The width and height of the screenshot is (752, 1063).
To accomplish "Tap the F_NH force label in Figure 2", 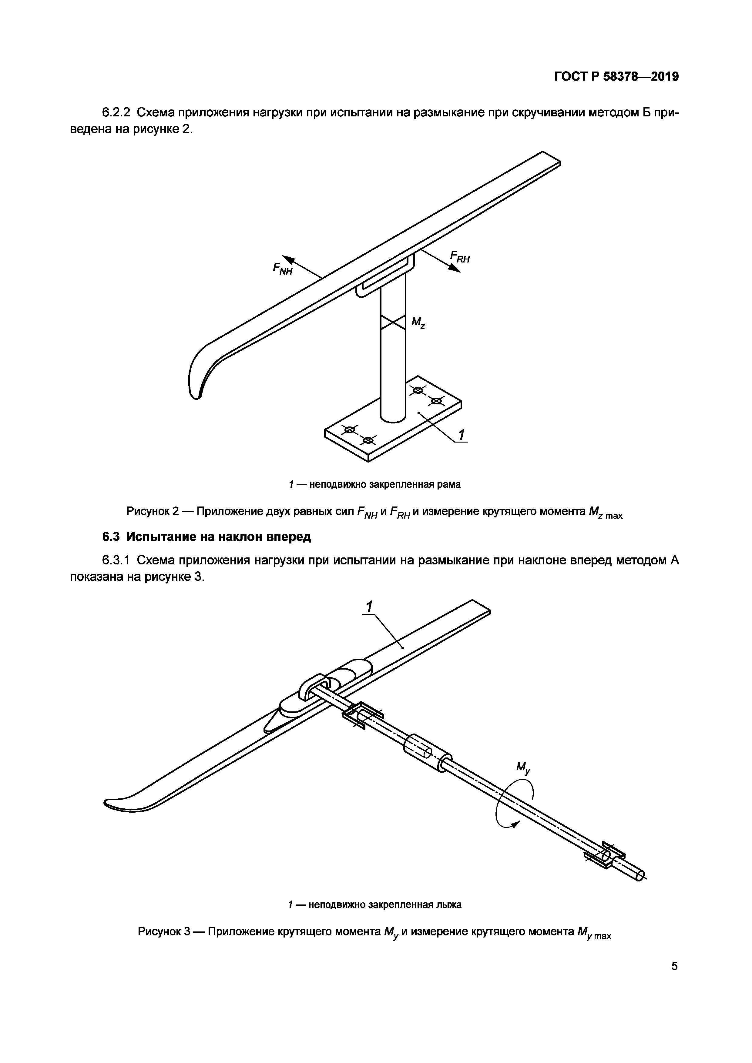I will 283,269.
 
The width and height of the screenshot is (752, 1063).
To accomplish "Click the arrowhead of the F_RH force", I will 456,269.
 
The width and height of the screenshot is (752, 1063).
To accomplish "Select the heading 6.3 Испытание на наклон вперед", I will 206,537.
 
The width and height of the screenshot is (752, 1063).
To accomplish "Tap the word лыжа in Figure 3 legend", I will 449,904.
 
